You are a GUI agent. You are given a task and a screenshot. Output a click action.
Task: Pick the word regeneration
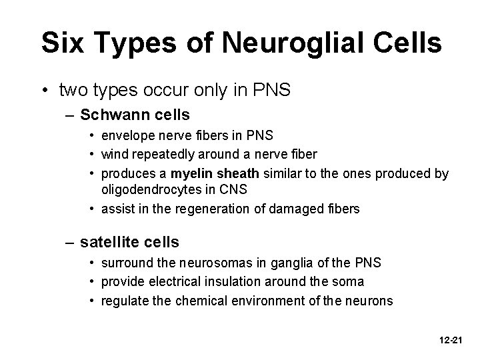tap(189, 209)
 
